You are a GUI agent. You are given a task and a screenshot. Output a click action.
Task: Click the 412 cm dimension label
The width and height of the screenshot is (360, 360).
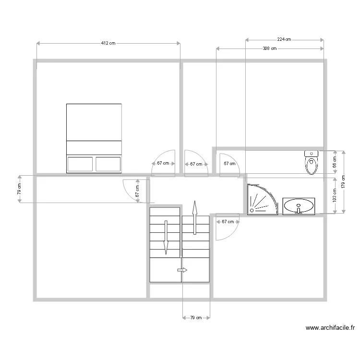coord(108,43)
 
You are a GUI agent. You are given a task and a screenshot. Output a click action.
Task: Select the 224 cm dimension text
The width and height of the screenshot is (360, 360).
coord(284,40)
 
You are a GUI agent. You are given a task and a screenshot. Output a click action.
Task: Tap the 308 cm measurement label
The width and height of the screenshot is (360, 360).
coord(270,48)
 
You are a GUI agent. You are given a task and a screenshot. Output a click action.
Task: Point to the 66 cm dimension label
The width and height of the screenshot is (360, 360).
coord(335,162)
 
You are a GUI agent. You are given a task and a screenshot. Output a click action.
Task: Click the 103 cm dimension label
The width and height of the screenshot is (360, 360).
coord(335,196)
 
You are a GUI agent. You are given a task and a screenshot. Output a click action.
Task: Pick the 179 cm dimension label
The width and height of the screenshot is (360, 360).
coord(344,182)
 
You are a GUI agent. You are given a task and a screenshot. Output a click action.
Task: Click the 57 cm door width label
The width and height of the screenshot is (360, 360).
coord(229,164)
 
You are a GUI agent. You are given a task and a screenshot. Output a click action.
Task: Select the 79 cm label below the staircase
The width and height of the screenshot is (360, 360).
coord(196,317)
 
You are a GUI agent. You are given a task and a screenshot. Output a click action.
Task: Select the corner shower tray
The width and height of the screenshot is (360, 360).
coord(261,199)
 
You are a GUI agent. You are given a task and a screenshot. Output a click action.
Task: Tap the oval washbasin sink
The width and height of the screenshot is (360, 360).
coord(299,206)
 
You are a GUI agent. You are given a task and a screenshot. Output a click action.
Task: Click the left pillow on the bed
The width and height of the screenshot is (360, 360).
coord(80,164)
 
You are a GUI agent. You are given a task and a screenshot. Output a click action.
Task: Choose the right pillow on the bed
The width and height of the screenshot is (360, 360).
coord(108,164)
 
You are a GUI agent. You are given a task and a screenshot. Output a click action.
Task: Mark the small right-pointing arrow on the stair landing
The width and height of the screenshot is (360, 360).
coord(182,270)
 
